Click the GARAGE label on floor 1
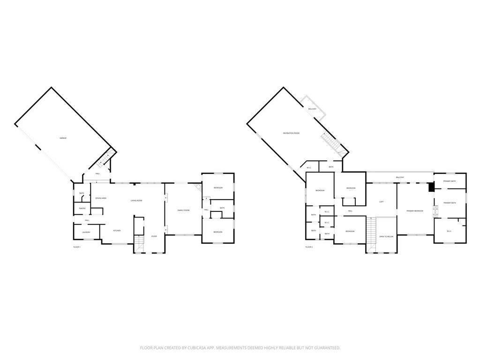pyautogui.click(x=63, y=138)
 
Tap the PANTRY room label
pyautogui.click(x=82, y=209)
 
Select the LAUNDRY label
pyautogui.click(x=86, y=232)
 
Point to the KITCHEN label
pyautogui.click(x=117, y=231)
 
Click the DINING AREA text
pyautogui.click(x=101, y=198)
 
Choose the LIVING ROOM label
pyautogui.click(x=136, y=201)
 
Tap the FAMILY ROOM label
pyautogui.click(x=183, y=210)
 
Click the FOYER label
pyautogui.click(x=154, y=236)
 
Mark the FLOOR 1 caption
pyautogui.click(x=77, y=247)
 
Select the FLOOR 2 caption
pyautogui.click(x=309, y=247)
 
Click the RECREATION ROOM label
pyautogui.click(x=291, y=133)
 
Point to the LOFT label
pyautogui.click(x=381, y=202)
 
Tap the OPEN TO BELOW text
pyautogui.click(x=386, y=237)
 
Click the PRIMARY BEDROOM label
pyautogui.click(x=415, y=211)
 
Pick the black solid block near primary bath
pyautogui.click(x=431, y=187)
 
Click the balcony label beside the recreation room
pyautogui.click(x=312, y=109)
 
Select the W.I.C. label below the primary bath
pyautogui.click(x=449, y=231)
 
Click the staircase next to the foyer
pyautogui.click(x=139, y=243)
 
